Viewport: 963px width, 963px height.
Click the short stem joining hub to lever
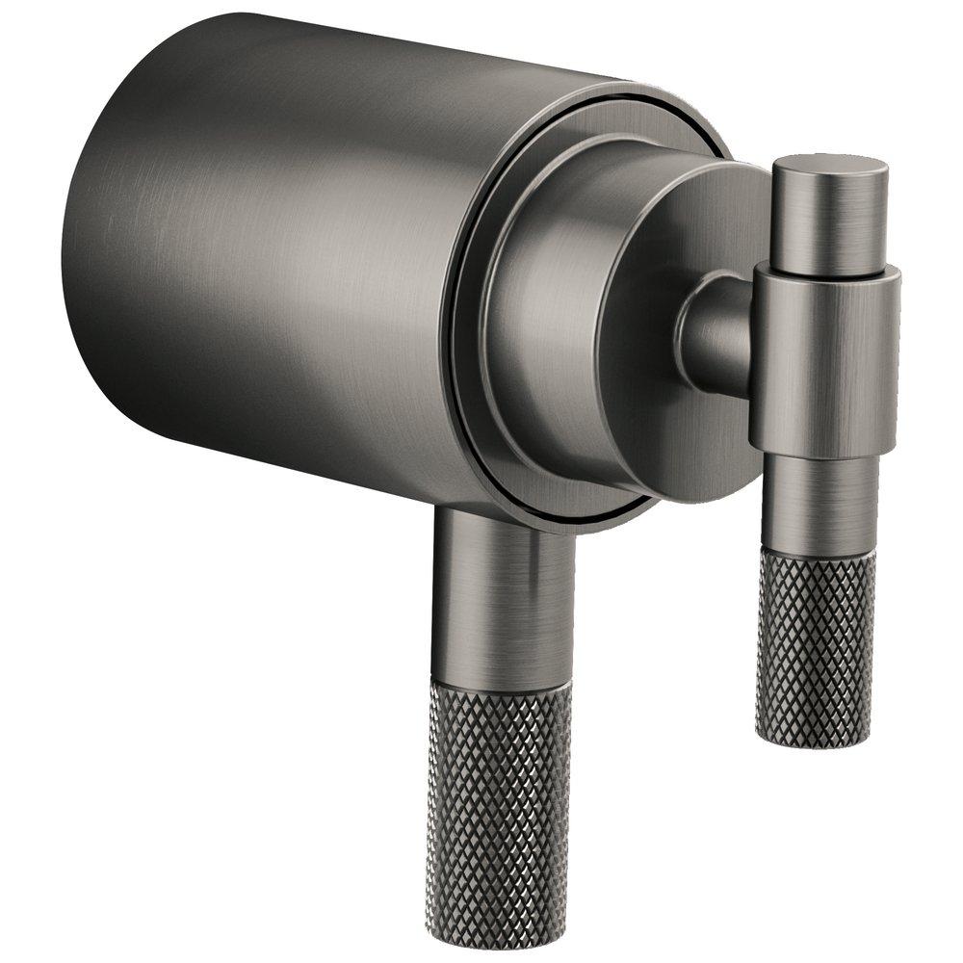tap(717, 332)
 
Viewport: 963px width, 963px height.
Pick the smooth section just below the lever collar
tap(819, 501)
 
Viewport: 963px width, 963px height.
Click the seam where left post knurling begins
tap(501, 686)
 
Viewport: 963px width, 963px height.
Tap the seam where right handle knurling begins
tap(819, 552)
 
